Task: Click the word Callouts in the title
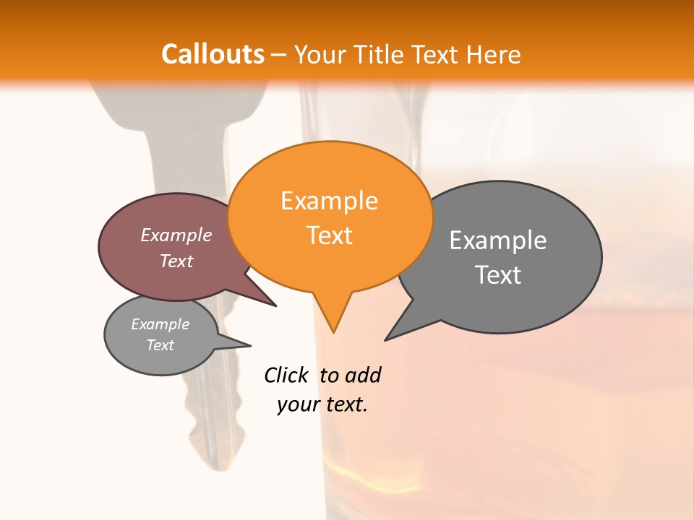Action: point(213,54)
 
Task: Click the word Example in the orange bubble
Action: point(329,201)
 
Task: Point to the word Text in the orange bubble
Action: point(329,235)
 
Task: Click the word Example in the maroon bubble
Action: point(176,235)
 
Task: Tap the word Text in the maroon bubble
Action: point(176,261)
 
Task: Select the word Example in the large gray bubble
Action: point(498,240)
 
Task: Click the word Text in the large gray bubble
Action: point(498,275)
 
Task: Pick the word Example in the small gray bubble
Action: point(160,324)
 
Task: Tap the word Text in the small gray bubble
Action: point(160,345)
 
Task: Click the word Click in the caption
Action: point(286,376)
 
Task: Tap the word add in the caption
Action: point(362,376)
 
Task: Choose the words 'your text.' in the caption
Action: point(322,404)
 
